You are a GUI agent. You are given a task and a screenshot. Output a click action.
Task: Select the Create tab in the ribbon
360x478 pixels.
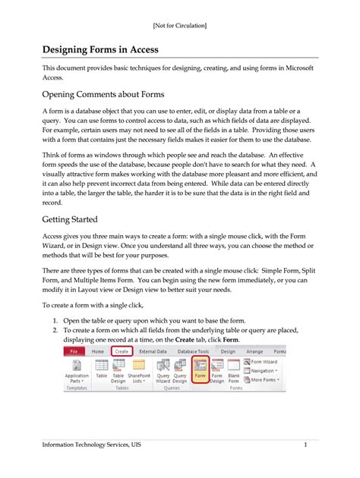click(x=121, y=352)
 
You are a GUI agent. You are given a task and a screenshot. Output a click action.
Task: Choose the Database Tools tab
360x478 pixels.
click(x=192, y=352)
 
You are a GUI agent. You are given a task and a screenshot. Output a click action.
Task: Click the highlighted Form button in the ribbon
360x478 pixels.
click(x=201, y=370)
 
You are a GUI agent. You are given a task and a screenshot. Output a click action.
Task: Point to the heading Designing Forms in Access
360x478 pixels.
click(x=111, y=49)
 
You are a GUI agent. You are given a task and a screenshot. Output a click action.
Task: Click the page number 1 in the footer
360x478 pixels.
click(x=304, y=444)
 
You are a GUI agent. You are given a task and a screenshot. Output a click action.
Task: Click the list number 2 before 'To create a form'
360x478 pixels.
click(x=55, y=330)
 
